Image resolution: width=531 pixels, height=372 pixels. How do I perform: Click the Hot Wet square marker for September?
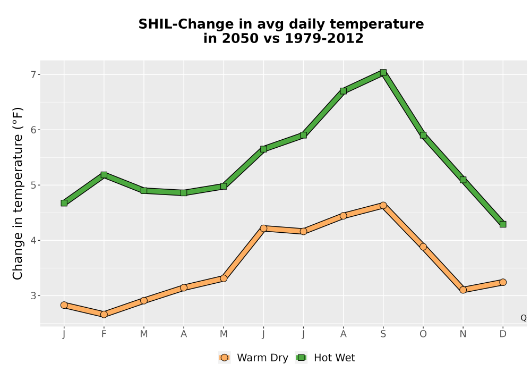point(383,72)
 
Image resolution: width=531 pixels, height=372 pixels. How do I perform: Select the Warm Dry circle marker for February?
point(104,315)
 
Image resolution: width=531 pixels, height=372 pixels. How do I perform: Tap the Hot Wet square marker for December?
point(503,224)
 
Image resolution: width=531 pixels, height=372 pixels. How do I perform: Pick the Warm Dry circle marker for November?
point(463,290)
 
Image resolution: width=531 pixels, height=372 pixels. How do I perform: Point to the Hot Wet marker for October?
point(423,135)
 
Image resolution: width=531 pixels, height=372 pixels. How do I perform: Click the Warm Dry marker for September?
point(383,205)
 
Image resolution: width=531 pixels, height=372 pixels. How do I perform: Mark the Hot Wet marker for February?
point(104,175)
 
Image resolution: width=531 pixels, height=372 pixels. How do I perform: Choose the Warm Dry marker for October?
point(423,247)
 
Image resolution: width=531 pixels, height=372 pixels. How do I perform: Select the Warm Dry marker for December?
point(503,282)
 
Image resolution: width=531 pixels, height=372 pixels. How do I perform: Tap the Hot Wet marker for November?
point(463,180)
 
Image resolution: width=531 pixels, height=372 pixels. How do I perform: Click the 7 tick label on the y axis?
point(33,74)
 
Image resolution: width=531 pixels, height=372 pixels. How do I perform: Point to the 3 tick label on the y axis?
point(33,296)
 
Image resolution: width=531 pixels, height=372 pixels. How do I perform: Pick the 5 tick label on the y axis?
point(33,185)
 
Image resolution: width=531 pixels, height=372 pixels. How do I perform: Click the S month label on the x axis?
point(383,334)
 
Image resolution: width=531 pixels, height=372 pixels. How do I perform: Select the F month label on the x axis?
point(104,334)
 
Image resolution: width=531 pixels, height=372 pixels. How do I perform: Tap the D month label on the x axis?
point(503,334)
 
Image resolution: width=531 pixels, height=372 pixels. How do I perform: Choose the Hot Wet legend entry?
point(326,358)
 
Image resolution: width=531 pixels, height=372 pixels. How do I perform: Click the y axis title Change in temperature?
point(18,193)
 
